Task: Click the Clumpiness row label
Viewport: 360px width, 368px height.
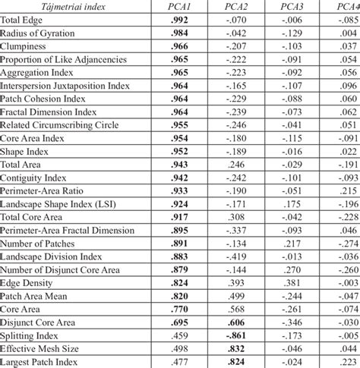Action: click(x=26, y=46)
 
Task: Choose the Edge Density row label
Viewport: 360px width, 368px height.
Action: click(x=30, y=283)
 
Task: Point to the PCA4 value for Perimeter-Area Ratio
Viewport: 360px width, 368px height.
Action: click(x=349, y=190)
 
